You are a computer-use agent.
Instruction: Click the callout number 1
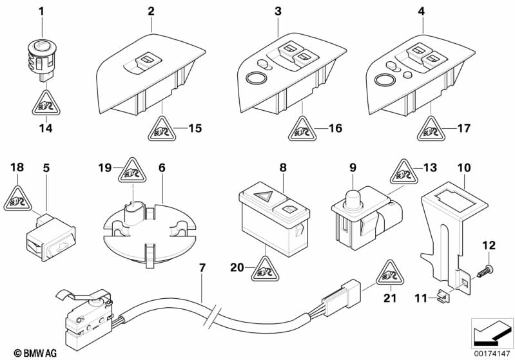click(x=42, y=11)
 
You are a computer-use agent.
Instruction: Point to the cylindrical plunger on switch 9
click(x=353, y=198)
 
